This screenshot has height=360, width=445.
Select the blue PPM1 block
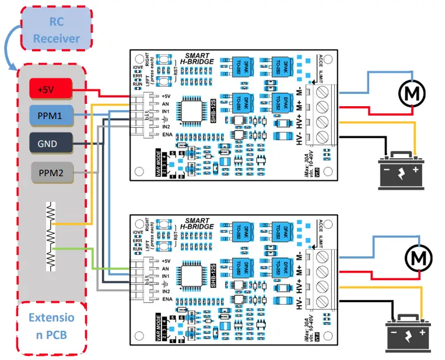51,116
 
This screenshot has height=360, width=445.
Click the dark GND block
51,143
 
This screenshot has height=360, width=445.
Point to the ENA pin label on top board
165,135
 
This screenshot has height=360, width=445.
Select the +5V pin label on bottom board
166,260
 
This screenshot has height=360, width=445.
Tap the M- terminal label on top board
299,91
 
